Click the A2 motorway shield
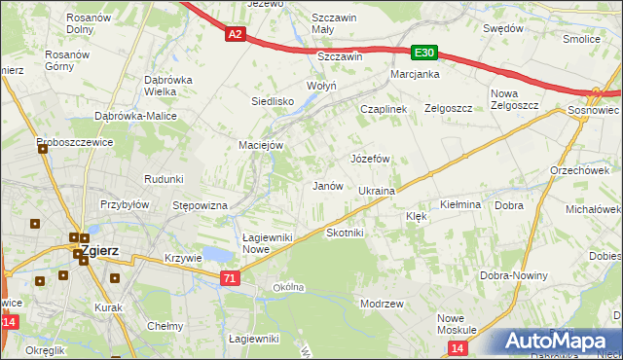coord(235,34)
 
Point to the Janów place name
coord(326,186)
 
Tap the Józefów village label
coord(370,159)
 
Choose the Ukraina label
coord(377,192)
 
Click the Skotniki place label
coord(345,234)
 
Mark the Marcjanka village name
coord(416,75)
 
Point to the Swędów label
coord(503,29)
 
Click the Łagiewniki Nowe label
coord(269,242)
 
